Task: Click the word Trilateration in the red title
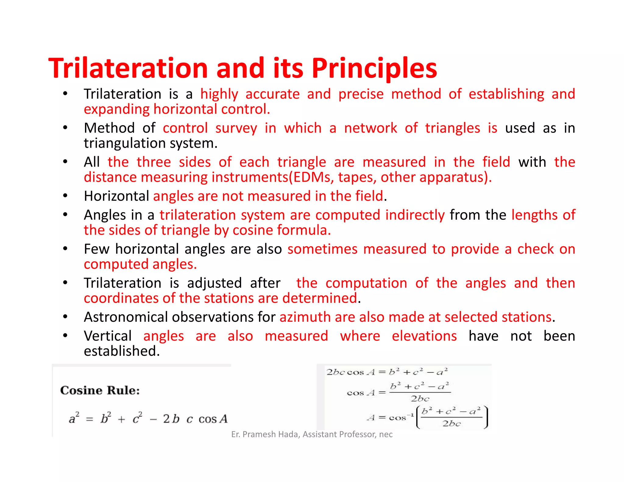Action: pyautogui.click(x=128, y=68)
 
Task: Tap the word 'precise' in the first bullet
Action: pyautogui.click(x=361, y=94)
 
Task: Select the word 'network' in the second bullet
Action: pyautogui.click(x=370, y=128)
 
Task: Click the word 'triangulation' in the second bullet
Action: pyautogui.click(x=124, y=143)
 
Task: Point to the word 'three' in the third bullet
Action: pyautogui.click(x=154, y=162)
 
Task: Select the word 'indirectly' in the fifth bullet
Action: pyautogui.click(x=415, y=215)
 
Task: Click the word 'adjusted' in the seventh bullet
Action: pyautogui.click(x=214, y=283)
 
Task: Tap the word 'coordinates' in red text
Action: pyautogui.click(x=121, y=298)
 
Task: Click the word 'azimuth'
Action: pyautogui.click(x=305, y=317)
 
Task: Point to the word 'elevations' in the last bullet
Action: pyautogui.click(x=424, y=336)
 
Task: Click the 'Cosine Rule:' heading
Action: pyautogui.click(x=100, y=390)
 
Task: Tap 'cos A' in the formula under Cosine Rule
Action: pyautogui.click(x=213, y=419)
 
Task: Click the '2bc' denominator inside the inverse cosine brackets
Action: pyautogui.click(x=452, y=424)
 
